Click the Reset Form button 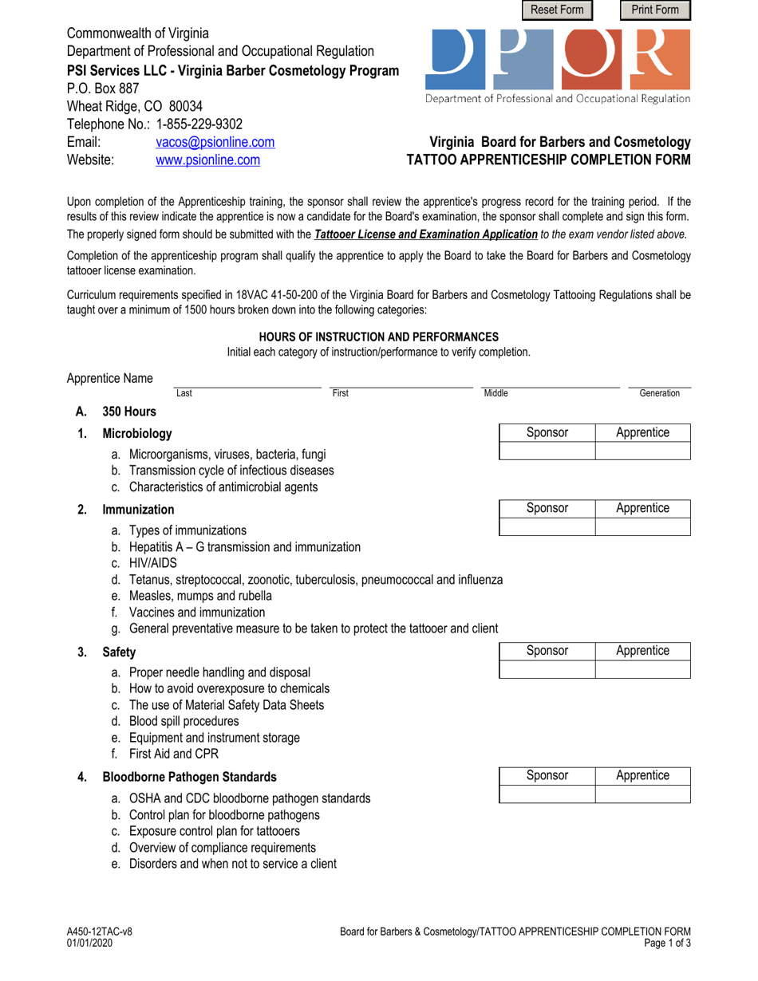tap(558, 10)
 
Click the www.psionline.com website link tap(207, 160)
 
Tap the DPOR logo tap(559, 60)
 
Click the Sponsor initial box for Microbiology tap(547, 451)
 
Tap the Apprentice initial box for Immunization tap(642, 526)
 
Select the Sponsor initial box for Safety tap(547, 669)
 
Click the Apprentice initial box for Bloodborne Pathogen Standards tap(642, 794)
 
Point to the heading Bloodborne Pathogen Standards tap(189, 776)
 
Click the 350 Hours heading tap(129, 412)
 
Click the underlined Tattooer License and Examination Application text tap(426, 234)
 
